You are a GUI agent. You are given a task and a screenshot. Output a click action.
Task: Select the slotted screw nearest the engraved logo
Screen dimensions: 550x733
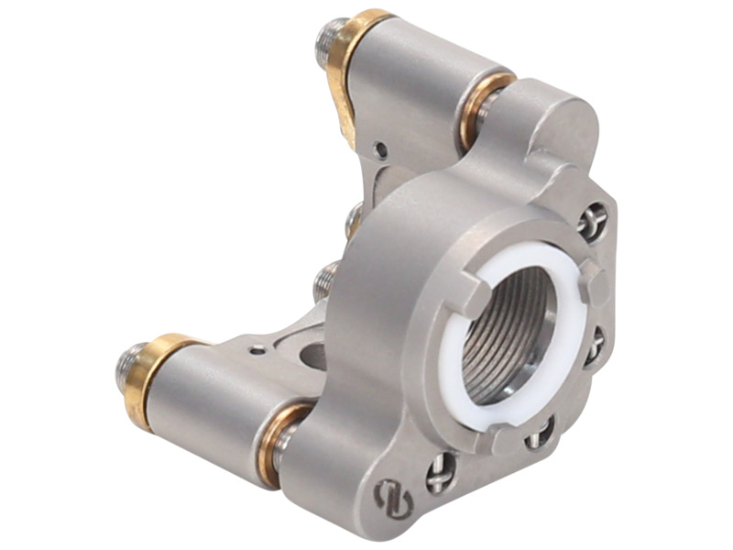(x=441, y=473)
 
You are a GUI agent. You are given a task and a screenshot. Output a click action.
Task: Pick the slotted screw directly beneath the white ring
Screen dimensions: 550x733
(x=540, y=432)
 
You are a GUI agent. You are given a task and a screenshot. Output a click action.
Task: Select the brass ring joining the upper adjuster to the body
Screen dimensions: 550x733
(x=477, y=110)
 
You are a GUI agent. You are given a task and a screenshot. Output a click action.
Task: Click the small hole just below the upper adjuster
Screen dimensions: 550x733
(x=381, y=147)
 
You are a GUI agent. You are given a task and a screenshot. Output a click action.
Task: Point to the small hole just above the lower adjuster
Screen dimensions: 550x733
(x=259, y=348)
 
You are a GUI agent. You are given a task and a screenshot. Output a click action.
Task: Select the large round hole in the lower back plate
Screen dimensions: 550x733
(x=312, y=352)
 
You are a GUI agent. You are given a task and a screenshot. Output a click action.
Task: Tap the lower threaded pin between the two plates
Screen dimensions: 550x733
(x=324, y=280)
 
